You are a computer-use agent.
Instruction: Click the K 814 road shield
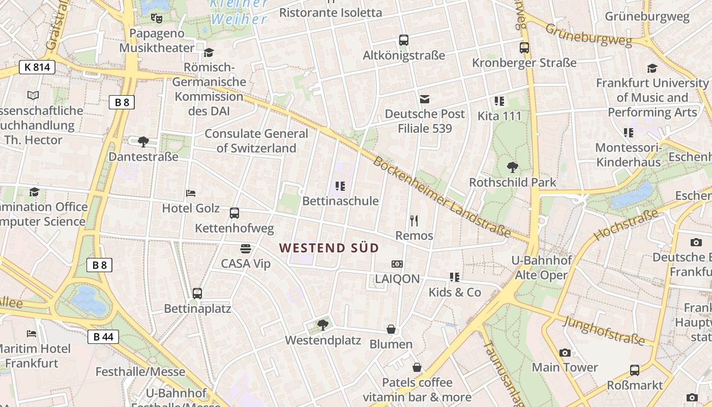37,67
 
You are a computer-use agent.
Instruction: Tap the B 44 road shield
103,336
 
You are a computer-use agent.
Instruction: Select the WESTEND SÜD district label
329,248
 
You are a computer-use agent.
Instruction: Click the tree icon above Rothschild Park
513,167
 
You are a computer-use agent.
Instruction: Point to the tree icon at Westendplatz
322,325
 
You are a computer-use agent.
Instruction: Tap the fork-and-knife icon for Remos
414,220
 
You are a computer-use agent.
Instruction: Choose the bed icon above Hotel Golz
191,193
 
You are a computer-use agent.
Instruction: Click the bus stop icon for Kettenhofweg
234,213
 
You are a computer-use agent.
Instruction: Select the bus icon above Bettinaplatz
197,294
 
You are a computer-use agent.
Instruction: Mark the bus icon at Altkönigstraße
404,40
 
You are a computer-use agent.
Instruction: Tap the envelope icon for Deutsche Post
425,99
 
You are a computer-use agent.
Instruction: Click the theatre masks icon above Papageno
157,18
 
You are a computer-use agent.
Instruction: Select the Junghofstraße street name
604,330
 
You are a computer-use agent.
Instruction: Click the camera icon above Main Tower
565,353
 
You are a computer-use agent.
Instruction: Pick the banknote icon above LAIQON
397,264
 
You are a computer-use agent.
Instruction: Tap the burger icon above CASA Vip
246,248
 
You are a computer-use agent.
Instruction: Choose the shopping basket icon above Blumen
391,329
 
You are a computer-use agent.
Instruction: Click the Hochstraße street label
625,224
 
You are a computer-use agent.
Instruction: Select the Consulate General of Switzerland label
256,141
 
